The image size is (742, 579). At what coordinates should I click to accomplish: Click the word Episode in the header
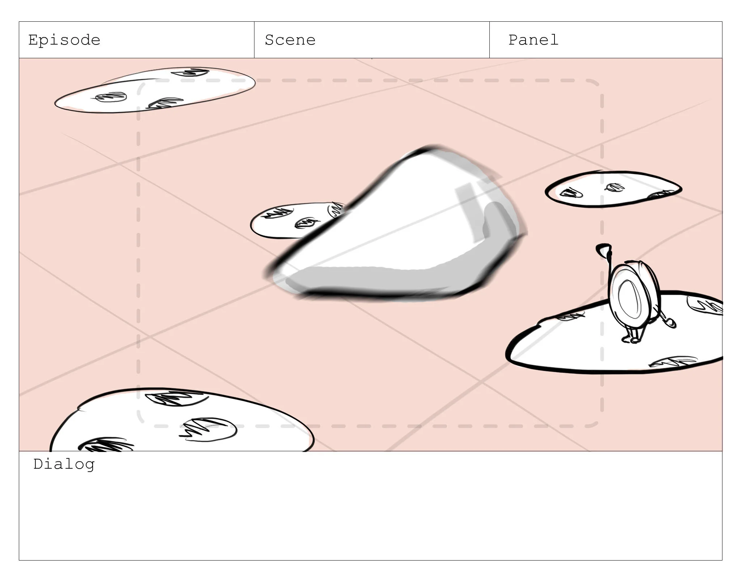64,40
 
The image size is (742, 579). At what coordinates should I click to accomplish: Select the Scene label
290,40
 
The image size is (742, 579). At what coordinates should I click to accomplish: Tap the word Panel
534,40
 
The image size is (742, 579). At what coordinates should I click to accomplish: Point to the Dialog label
64,464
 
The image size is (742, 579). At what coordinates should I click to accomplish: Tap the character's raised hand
603,249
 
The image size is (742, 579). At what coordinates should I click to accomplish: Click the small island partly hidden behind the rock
290,221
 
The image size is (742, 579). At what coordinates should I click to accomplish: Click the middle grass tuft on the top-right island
615,187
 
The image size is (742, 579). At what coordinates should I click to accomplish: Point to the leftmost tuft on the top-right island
571,193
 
